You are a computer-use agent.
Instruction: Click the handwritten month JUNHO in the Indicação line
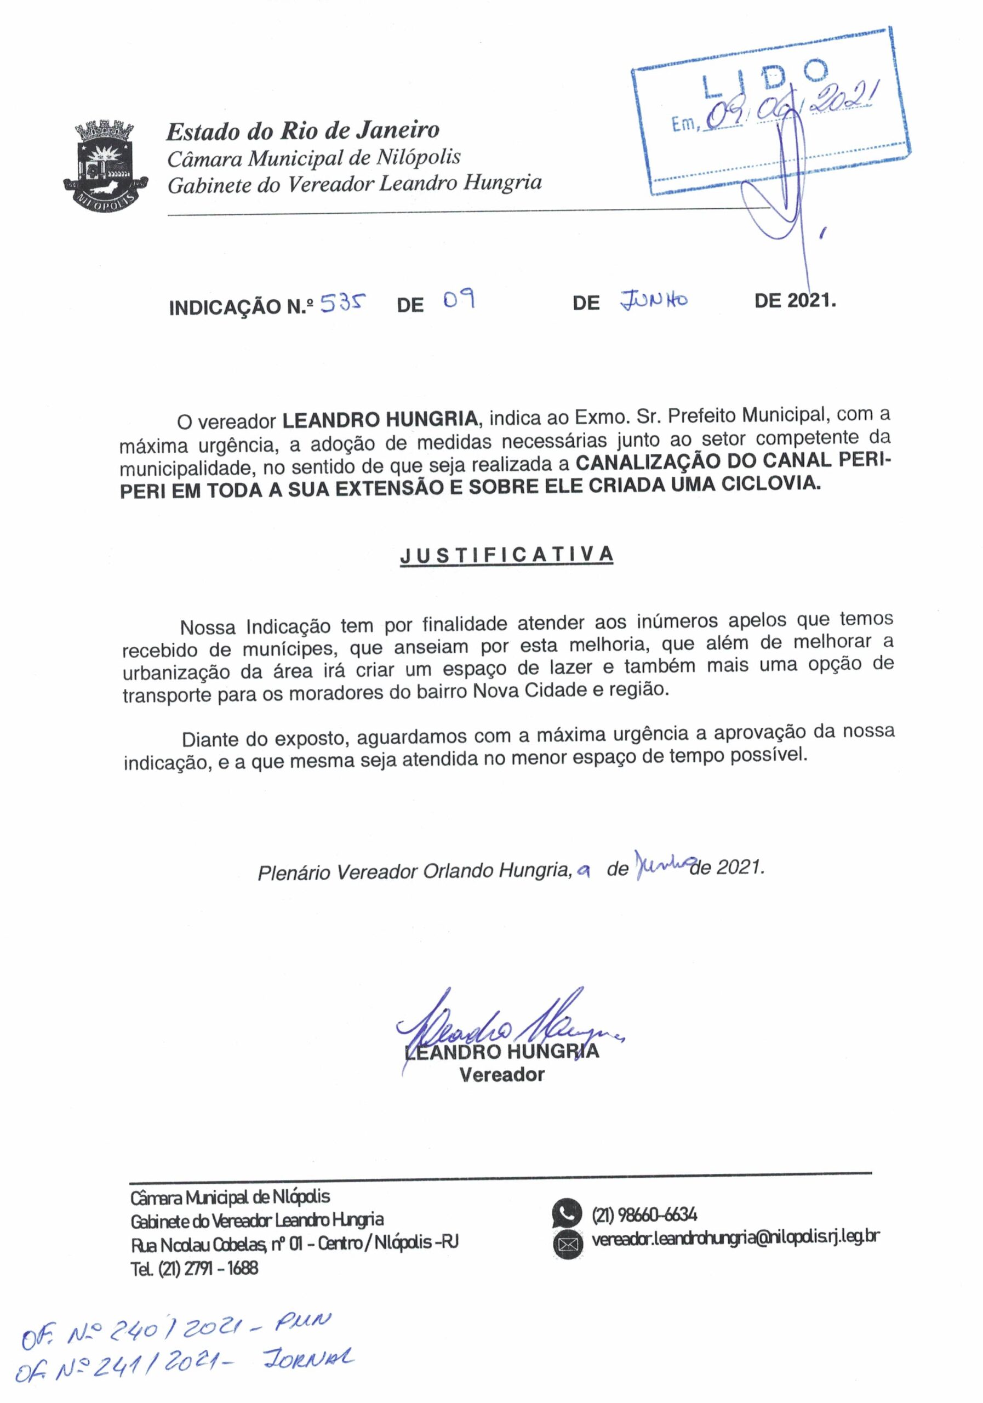point(654,300)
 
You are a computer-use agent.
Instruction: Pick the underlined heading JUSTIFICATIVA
point(506,555)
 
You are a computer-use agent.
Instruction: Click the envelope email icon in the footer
point(568,1244)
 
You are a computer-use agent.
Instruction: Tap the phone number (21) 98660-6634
point(644,1214)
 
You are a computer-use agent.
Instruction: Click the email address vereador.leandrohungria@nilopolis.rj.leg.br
point(735,1238)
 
